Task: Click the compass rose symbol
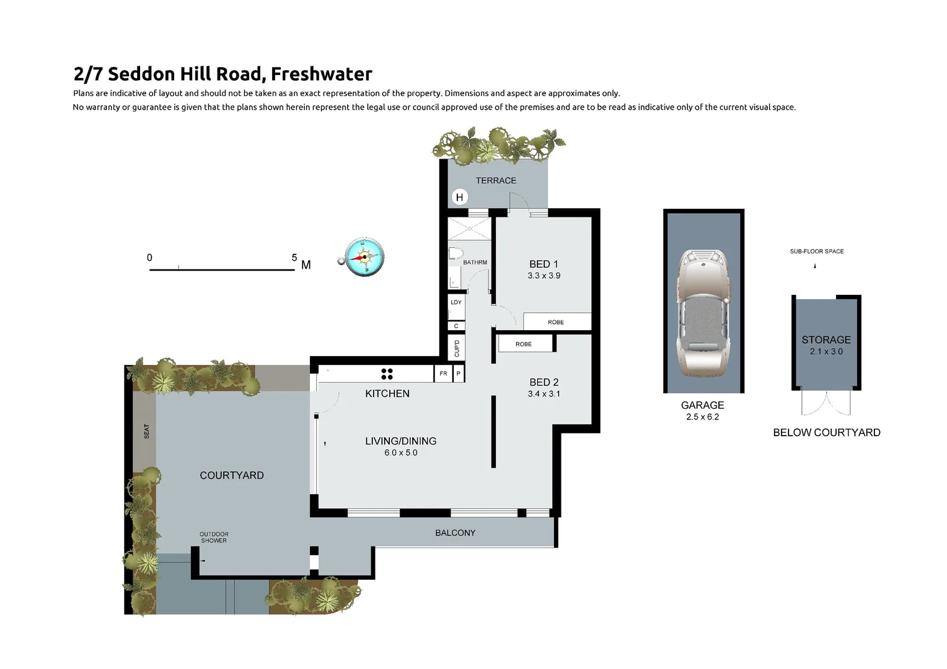(x=364, y=256)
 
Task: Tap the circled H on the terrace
(x=459, y=198)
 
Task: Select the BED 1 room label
(x=544, y=264)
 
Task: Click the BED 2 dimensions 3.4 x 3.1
(x=544, y=394)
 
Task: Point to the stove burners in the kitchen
(x=387, y=374)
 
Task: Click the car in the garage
(x=703, y=313)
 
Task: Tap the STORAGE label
(x=826, y=339)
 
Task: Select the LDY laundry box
(x=456, y=303)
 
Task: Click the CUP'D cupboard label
(x=457, y=348)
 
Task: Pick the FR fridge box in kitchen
(x=443, y=374)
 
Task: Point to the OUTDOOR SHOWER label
(x=214, y=537)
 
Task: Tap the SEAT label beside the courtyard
(x=147, y=431)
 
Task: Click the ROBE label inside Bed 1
(x=555, y=322)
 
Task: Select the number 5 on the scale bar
(x=294, y=258)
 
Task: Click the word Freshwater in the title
(x=321, y=74)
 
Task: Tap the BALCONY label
(x=455, y=533)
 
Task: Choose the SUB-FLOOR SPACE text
(x=816, y=251)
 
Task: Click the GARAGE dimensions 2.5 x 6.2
(x=702, y=417)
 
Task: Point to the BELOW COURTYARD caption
(x=826, y=432)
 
